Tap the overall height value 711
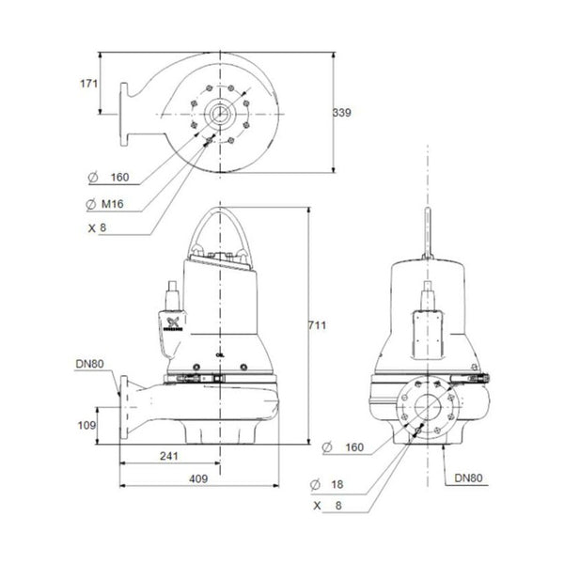coord(319,325)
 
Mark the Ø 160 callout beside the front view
coord(343,445)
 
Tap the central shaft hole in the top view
coord(219,115)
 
